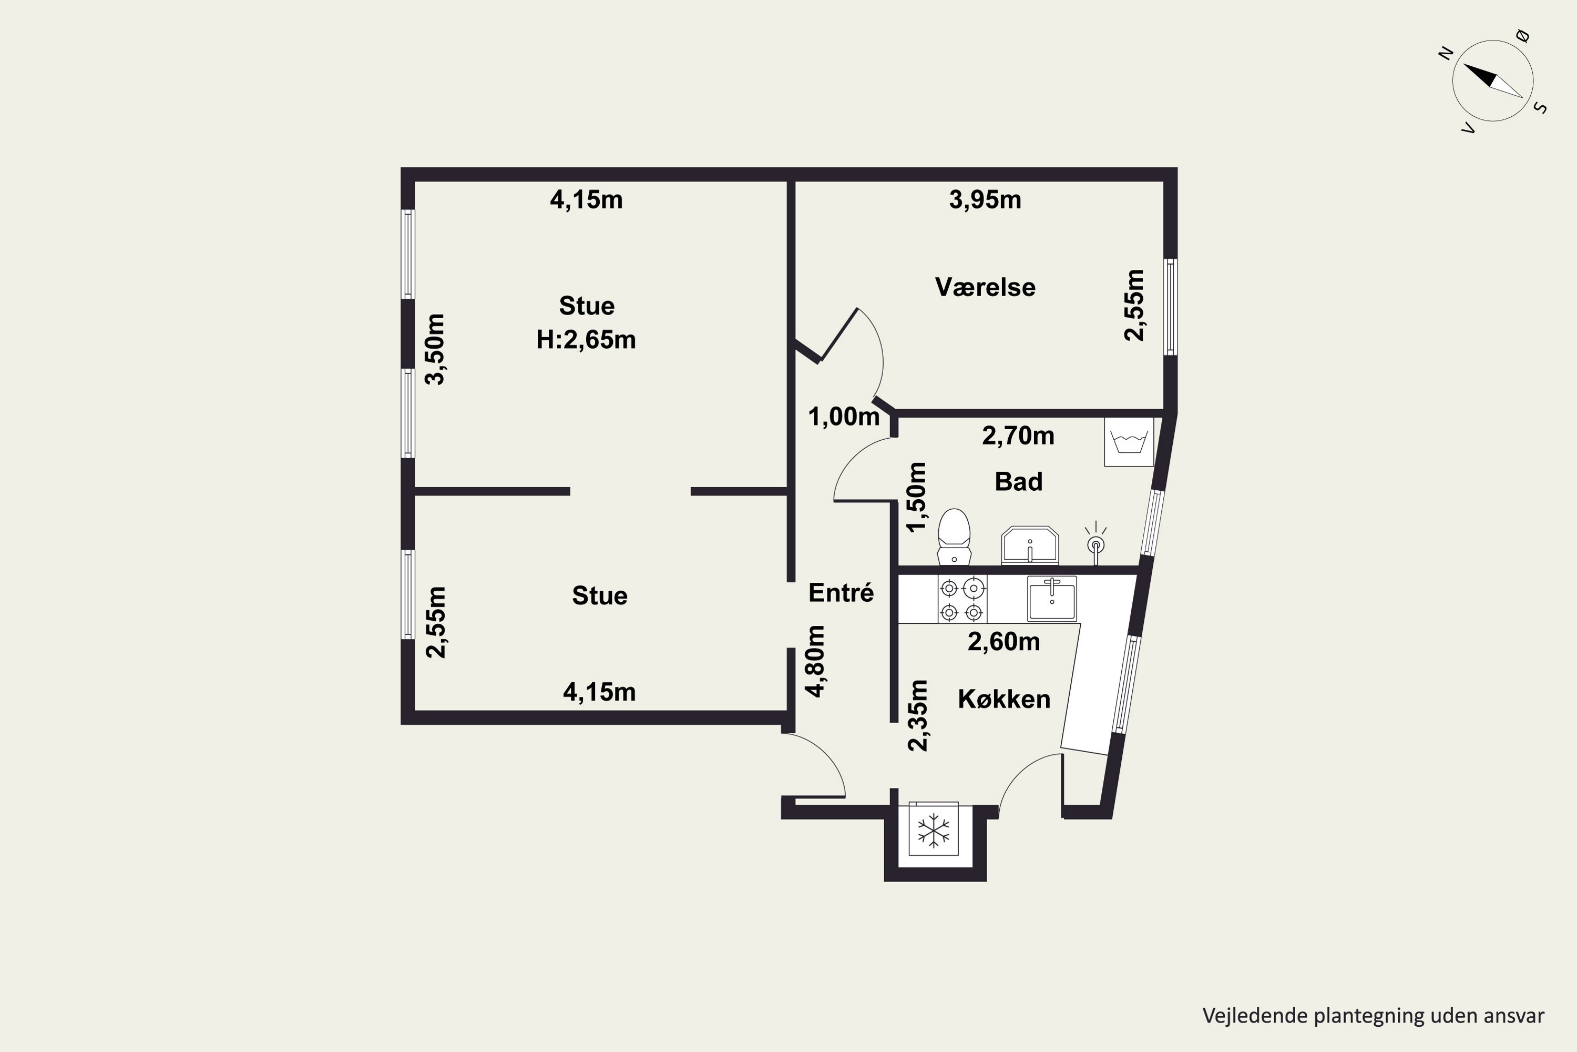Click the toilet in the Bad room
tap(954, 537)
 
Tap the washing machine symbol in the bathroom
tap(1129, 442)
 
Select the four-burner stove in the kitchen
tap(962, 600)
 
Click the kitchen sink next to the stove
tap(1052, 599)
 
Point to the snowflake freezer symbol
tap(934, 831)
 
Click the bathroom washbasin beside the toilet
tap(1030, 545)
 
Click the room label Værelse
tap(985, 287)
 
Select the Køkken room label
tap(1003, 699)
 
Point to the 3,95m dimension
tap(985, 199)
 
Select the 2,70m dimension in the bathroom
tap(1018, 436)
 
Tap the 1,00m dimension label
tap(844, 417)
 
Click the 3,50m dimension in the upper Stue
tap(435, 349)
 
